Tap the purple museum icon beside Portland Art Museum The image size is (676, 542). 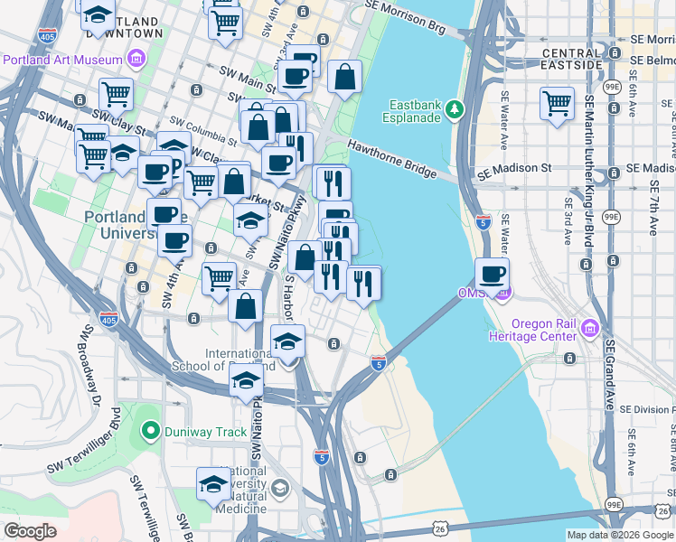click(x=136, y=60)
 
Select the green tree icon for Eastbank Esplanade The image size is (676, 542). click(x=455, y=109)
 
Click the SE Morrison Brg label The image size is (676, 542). click(x=406, y=17)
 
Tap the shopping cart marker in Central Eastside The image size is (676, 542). click(x=557, y=102)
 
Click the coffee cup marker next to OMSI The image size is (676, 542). click(x=492, y=274)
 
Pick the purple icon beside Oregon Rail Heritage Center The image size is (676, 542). click(x=591, y=325)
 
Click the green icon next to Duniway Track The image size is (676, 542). click(x=150, y=432)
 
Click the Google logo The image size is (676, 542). click(x=30, y=530)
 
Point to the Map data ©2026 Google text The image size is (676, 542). click(x=620, y=535)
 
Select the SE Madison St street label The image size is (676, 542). click(x=514, y=169)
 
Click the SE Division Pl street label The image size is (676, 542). click(x=645, y=409)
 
